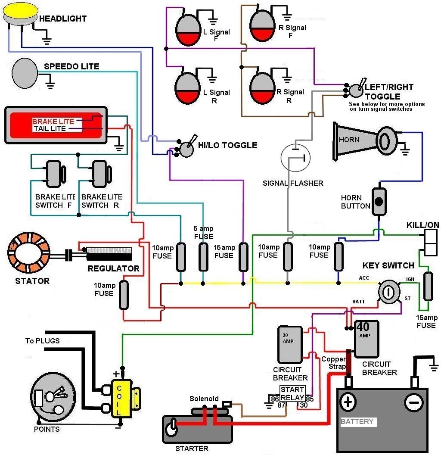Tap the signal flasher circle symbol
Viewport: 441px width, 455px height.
[295, 158]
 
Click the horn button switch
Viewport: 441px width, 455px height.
[379, 201]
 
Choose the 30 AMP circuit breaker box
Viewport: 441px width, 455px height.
[289, 344]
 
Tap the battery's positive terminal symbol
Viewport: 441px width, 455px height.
[348, 402]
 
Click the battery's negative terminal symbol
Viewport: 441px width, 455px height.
[413, 402]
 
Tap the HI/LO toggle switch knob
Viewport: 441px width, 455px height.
[186, 149]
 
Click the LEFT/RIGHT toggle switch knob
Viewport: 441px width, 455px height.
[355, 90]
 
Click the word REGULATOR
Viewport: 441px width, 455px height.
[113, 268]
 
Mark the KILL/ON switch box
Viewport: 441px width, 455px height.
[430, 242]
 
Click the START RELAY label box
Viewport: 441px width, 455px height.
[292, 393]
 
